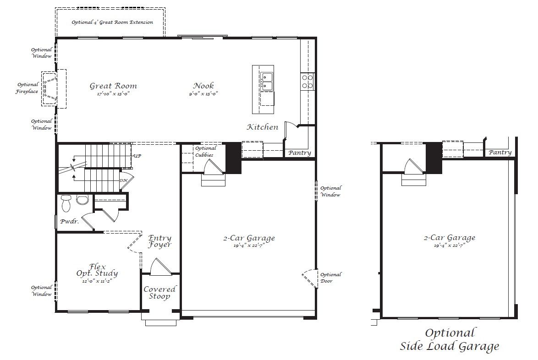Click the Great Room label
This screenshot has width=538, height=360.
tap(113, 86)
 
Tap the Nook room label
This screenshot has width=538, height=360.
tap(203, 86)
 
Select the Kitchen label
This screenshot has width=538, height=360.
tap(263, 127)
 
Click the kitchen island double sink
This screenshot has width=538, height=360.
tap(267, 82)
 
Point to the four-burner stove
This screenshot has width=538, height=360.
tap(307, 82)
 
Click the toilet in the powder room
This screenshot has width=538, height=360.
tap(66, 203)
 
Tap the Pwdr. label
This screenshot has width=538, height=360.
tap(69, 222)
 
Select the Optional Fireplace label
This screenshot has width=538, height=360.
tap(27, 88)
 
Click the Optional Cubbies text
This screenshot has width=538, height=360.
tap(205, 152)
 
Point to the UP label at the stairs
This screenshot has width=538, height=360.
tap(137, 156)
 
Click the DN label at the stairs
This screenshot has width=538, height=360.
tap(124, 180)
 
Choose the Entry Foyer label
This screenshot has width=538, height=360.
tap(160, 241)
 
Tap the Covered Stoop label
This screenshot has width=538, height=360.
tap(159, 293)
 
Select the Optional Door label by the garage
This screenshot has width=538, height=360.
tap(331, 278)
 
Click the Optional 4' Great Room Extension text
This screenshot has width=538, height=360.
tap(112, 22)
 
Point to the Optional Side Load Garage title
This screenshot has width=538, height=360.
tap(450, 339)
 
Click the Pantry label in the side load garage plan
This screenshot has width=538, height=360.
tap(500, 152)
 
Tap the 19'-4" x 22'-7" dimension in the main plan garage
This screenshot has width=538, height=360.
tap(249, 245)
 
